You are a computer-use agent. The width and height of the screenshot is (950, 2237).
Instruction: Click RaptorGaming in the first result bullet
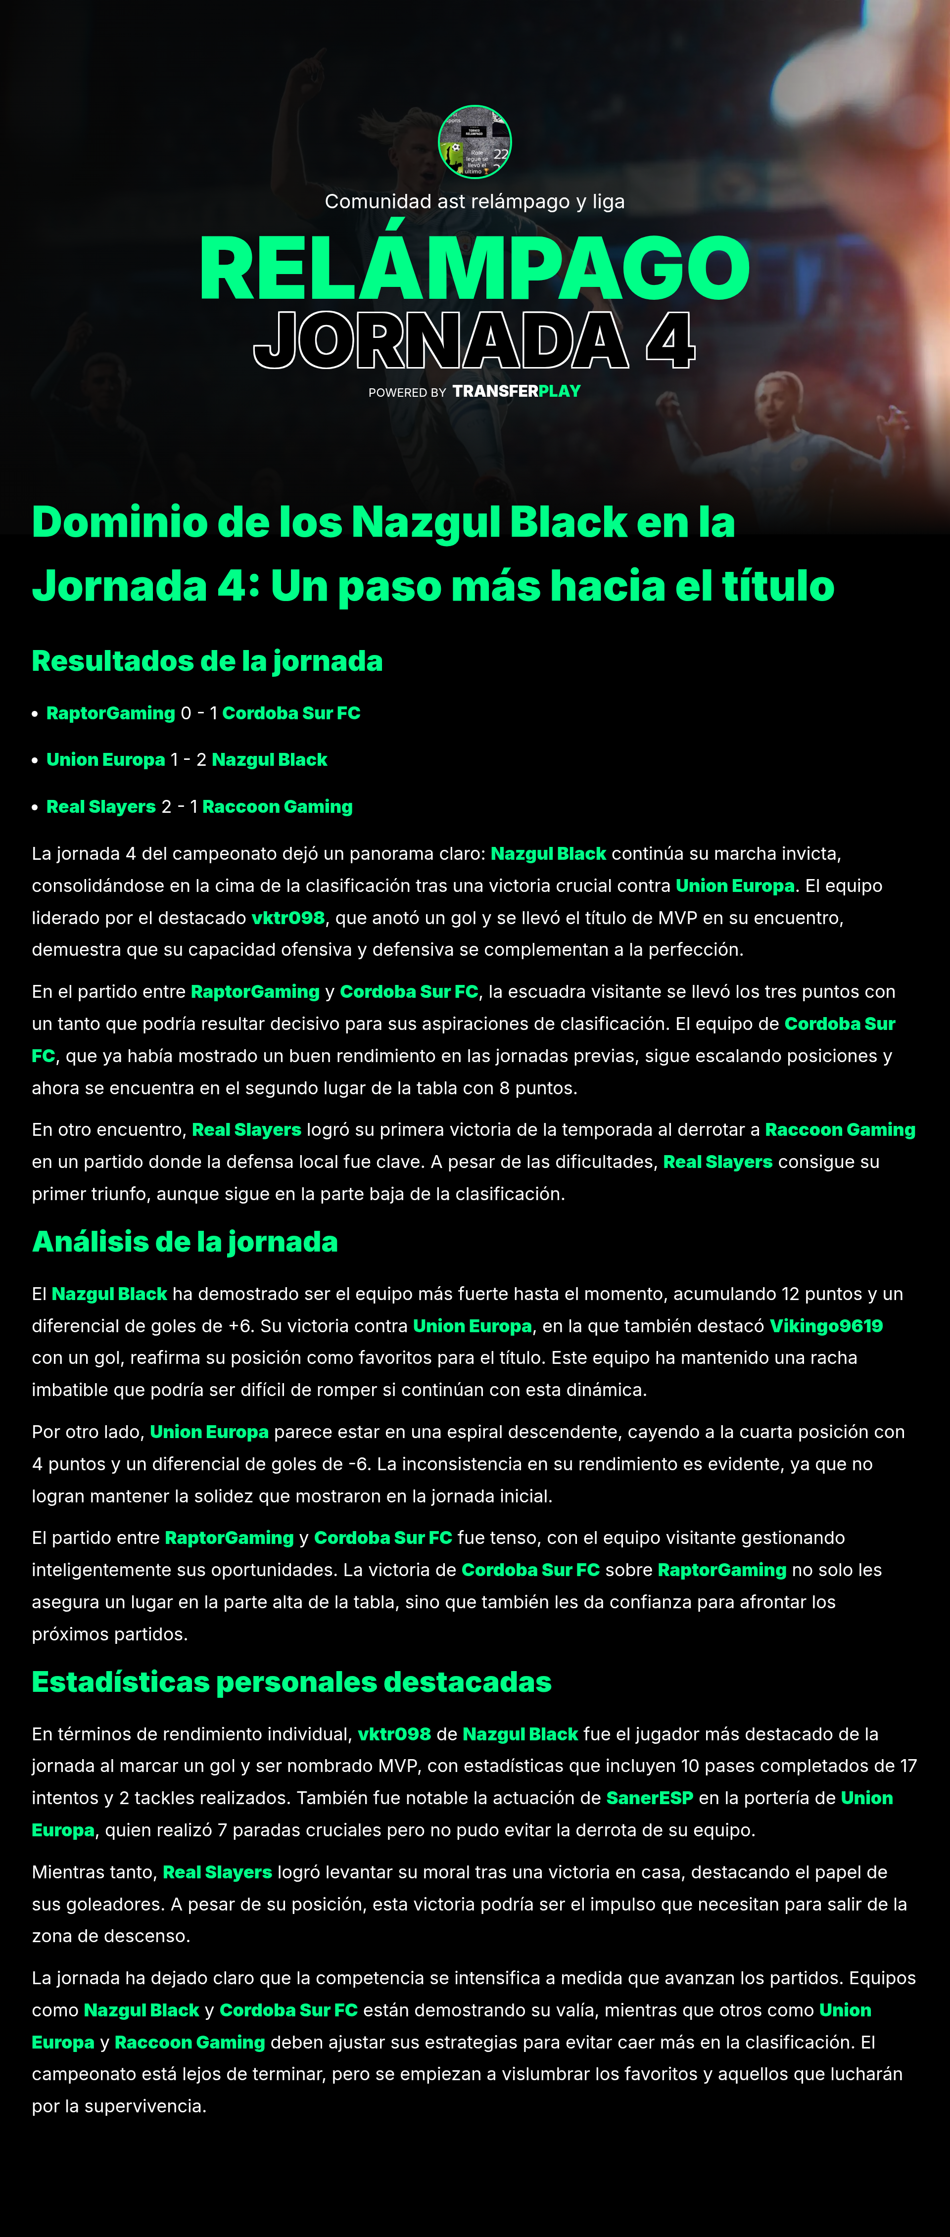(x=110, y=713)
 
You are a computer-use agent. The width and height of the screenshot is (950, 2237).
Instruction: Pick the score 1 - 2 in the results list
(x=189, y=760)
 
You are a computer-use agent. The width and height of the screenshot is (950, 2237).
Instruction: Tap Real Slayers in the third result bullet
(x=101, y=807)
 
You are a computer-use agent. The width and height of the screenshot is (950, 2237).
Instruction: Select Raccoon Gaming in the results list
(x=277, y=807)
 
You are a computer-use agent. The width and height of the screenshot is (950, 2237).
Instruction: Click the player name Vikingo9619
(x=826, y=1326)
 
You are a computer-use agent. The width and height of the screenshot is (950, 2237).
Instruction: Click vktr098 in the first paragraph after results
(x=287, y=918)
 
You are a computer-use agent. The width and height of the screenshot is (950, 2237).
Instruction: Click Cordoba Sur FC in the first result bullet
(x=291, y=713)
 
